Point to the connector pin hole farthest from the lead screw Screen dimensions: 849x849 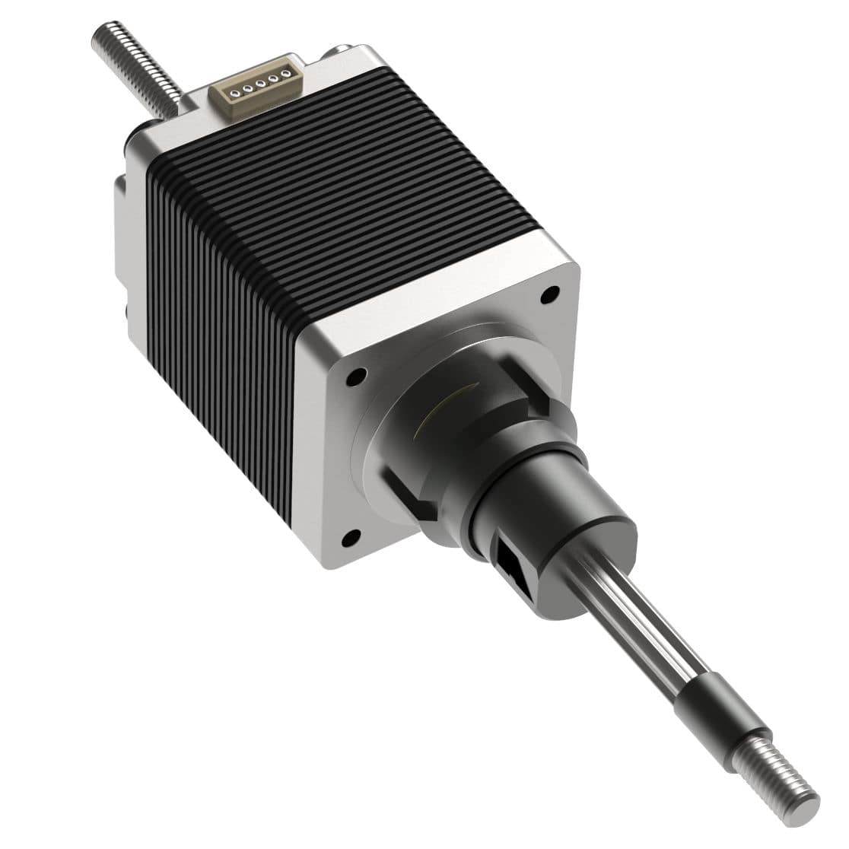click(x=285, y=73)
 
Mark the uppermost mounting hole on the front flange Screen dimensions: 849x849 click(x=549, y=292)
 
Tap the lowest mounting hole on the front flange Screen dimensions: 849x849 click(x=349, y=538)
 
